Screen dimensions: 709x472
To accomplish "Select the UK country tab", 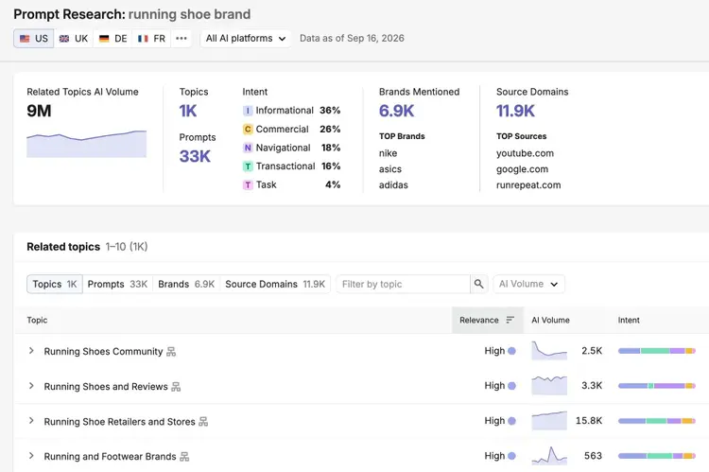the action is pos(74,39).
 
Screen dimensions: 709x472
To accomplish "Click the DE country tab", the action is pos(113,39).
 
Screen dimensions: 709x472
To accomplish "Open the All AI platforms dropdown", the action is pos(246,39).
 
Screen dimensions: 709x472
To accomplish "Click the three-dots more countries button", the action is pos(182,39).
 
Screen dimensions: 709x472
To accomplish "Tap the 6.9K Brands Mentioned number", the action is pos(396,111).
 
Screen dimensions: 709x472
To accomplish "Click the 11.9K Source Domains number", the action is pos(515,111).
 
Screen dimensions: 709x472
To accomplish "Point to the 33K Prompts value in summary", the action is pos(195,156).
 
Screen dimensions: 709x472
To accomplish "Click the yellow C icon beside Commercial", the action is pos(248,130).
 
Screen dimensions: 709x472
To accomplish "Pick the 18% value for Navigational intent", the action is pos(331,148).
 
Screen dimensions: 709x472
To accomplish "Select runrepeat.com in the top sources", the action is pos(528,185).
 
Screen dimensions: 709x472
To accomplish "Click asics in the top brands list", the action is pos(390,169).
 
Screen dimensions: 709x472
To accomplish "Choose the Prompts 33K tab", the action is pos(117,284).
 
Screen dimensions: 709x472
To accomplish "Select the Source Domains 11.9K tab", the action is pos(275,284).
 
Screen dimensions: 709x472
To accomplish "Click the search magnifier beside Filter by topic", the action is pos(479,284).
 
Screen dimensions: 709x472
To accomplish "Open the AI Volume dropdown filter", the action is pos(528,284).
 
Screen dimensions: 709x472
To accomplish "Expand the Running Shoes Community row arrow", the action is pos(31,351).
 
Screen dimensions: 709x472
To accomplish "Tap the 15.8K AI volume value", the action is pos(589,421).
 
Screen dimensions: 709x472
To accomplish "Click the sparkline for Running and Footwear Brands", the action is pos(549,456).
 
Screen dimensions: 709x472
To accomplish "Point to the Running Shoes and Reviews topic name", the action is pos(106,387).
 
